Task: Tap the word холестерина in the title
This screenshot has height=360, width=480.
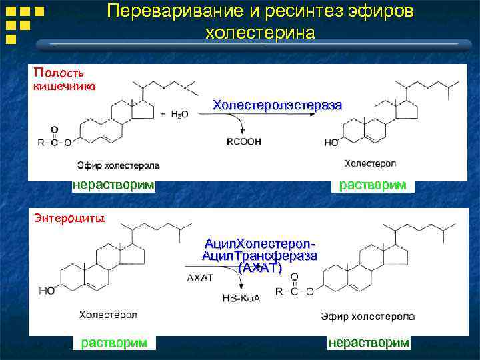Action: pos(260,33)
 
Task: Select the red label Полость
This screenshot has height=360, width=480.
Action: pos(59,72)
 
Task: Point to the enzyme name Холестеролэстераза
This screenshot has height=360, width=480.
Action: pos(277,105)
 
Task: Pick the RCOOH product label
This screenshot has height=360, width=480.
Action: pos(245,141)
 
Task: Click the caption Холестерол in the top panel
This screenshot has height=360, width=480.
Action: pos(370,163)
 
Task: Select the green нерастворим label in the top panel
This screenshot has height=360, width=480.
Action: pos(113,185)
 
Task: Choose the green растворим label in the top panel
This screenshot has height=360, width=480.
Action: pos(373,185)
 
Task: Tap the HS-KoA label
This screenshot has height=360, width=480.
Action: pos(241,297)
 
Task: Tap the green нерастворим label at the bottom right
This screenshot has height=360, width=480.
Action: pos(369,343)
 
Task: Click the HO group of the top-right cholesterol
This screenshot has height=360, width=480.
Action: pos(331,142)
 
